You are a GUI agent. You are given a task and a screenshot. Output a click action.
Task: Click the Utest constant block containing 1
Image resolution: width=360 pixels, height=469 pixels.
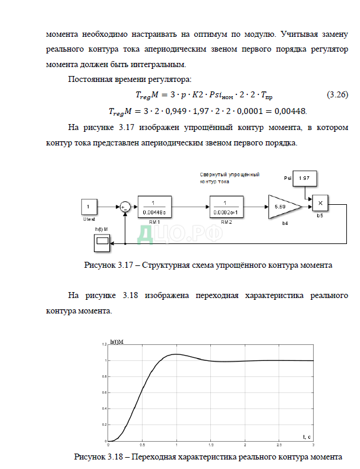pos(89,207)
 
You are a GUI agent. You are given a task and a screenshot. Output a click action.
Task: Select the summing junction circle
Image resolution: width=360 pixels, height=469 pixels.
pos(125,206)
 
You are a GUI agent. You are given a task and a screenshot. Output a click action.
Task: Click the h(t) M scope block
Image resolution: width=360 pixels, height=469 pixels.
pos(102,240)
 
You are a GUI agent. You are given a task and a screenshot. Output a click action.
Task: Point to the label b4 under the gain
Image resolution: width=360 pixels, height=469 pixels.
pos(285,223)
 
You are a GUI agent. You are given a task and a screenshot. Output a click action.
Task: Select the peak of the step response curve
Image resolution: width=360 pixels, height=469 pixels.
pos(176,354)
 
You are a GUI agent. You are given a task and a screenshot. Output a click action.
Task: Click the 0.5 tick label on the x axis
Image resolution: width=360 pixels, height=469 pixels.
pos(141,445)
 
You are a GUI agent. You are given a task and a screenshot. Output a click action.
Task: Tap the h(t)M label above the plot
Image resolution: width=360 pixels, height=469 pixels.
pos(118,341)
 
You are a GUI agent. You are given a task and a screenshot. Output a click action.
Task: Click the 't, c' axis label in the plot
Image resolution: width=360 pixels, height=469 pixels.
pos(307,436)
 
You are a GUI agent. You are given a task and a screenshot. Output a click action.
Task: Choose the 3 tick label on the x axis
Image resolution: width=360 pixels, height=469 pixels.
pos(313,445)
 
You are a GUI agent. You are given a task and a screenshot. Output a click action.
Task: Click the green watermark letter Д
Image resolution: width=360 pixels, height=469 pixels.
pos(146,233)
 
